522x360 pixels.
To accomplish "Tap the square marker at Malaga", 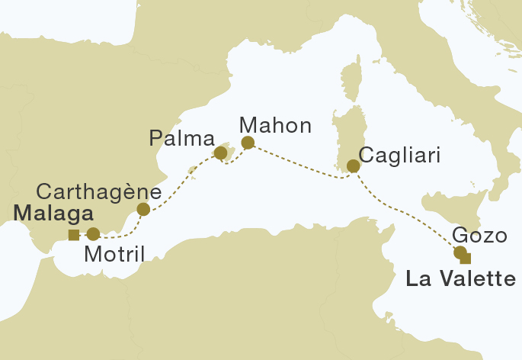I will tap(73, 234).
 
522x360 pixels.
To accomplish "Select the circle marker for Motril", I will tap(93, 234).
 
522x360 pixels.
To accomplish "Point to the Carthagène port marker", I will tap(143, 209).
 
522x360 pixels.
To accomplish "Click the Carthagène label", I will tap(99, 190).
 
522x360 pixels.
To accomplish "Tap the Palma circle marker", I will tap(220, 153).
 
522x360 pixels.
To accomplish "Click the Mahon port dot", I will tap(247, 143).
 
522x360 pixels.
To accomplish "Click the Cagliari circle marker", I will tap(353, 166).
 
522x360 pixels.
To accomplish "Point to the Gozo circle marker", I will tap(460, 252).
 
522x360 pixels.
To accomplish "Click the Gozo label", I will tap(479, 235).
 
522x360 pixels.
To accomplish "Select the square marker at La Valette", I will tap(466, 257).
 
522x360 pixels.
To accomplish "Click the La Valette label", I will tap(461, 280).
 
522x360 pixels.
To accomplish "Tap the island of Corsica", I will tap(351, 84).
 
